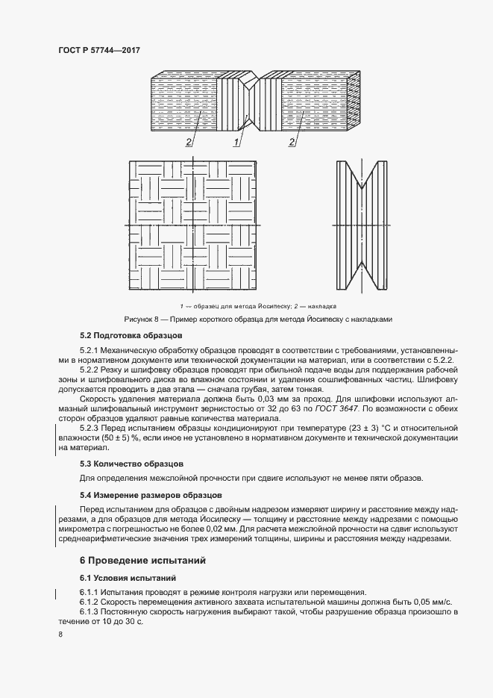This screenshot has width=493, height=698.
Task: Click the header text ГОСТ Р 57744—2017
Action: (98, 49)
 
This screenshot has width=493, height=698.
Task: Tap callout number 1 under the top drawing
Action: (236, 142)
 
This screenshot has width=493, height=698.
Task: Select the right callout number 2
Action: (291, 142)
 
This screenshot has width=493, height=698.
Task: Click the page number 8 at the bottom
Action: (60, 634)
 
